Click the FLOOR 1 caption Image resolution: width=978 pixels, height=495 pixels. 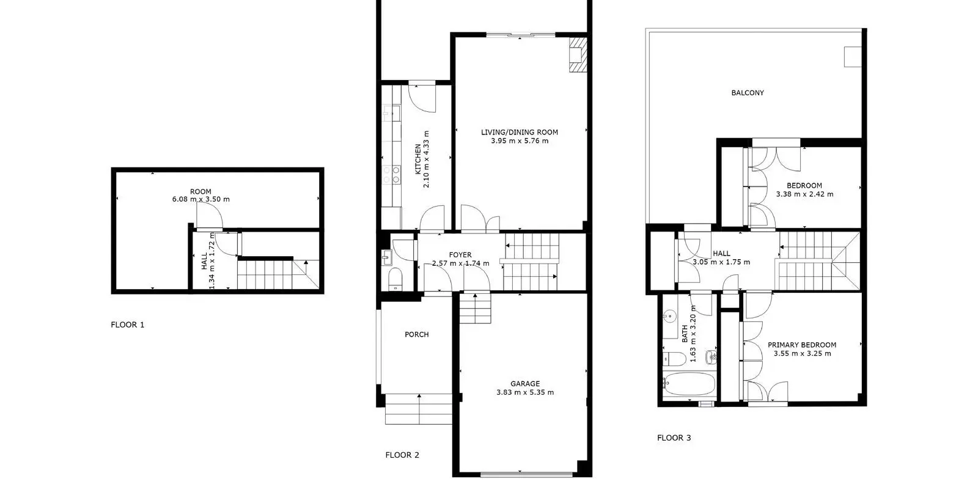click(128, 324)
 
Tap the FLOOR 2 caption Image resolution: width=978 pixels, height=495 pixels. click(402, 455)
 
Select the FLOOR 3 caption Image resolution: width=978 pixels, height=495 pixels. click(674, 438)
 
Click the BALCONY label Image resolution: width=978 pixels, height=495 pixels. click(748, 93)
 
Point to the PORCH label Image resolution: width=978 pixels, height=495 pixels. click(416, 335)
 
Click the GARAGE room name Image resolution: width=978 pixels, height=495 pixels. click(525, 384)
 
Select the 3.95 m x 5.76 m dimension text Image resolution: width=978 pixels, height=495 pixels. click(520, 141)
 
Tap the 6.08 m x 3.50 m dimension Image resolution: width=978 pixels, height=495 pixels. click(201, 199)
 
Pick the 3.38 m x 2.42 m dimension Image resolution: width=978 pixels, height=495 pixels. click(804, 194)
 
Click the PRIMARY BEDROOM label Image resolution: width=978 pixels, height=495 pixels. click(802, 345)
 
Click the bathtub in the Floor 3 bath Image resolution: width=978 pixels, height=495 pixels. click(689, 384)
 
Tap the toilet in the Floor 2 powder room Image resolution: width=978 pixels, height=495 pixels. click(395, 279)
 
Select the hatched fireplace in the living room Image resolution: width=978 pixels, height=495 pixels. click(578, 54)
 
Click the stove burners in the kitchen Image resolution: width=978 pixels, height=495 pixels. click(391, 174)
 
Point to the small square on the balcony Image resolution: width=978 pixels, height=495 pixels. click(852, 57)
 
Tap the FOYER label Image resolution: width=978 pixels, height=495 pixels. click(460, 255)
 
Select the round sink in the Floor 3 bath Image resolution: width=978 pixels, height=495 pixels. click(669, 315)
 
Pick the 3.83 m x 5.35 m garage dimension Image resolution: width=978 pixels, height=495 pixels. click(525, 392)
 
